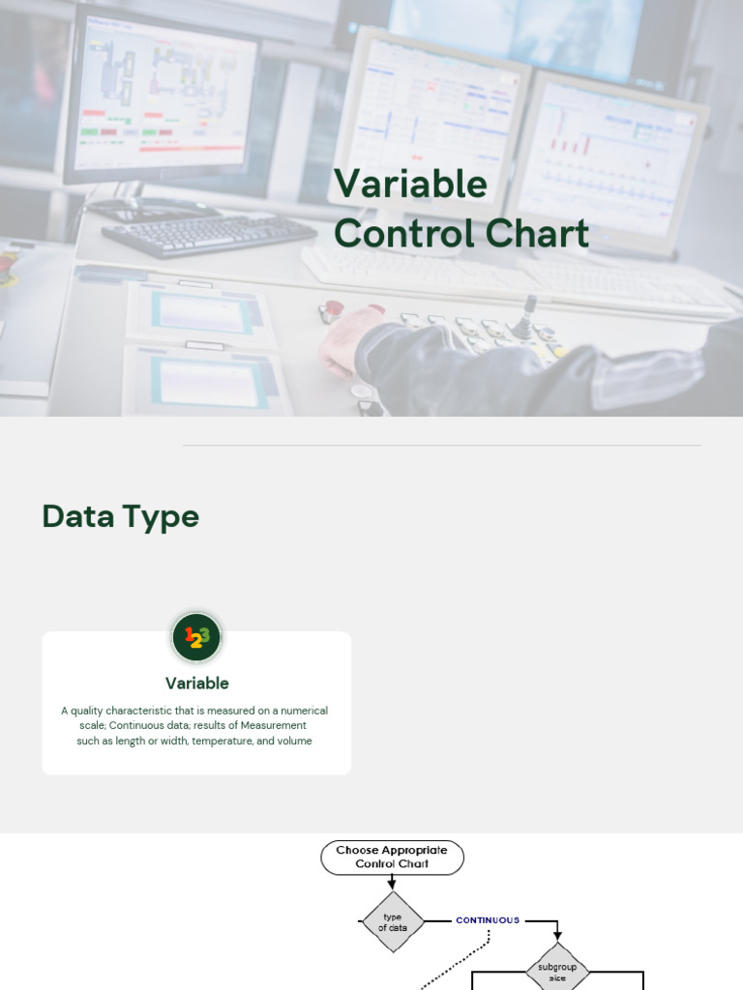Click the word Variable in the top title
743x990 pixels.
point(410,184)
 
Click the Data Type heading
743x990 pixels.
point(120,516)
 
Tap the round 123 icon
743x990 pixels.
point(196,637)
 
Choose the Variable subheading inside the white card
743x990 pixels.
point(196,683)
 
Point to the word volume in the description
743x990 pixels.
point(294,742)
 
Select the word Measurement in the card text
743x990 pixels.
point(273,725)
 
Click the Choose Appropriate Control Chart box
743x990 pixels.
point(392,858)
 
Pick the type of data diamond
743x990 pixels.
point(392,922)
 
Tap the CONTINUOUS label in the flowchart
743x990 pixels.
point(488,920)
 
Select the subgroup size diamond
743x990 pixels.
point(557,971)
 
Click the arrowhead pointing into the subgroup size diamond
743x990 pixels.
point(557,936)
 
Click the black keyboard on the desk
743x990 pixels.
point(209,234)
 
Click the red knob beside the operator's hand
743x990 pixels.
point(331,310)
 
